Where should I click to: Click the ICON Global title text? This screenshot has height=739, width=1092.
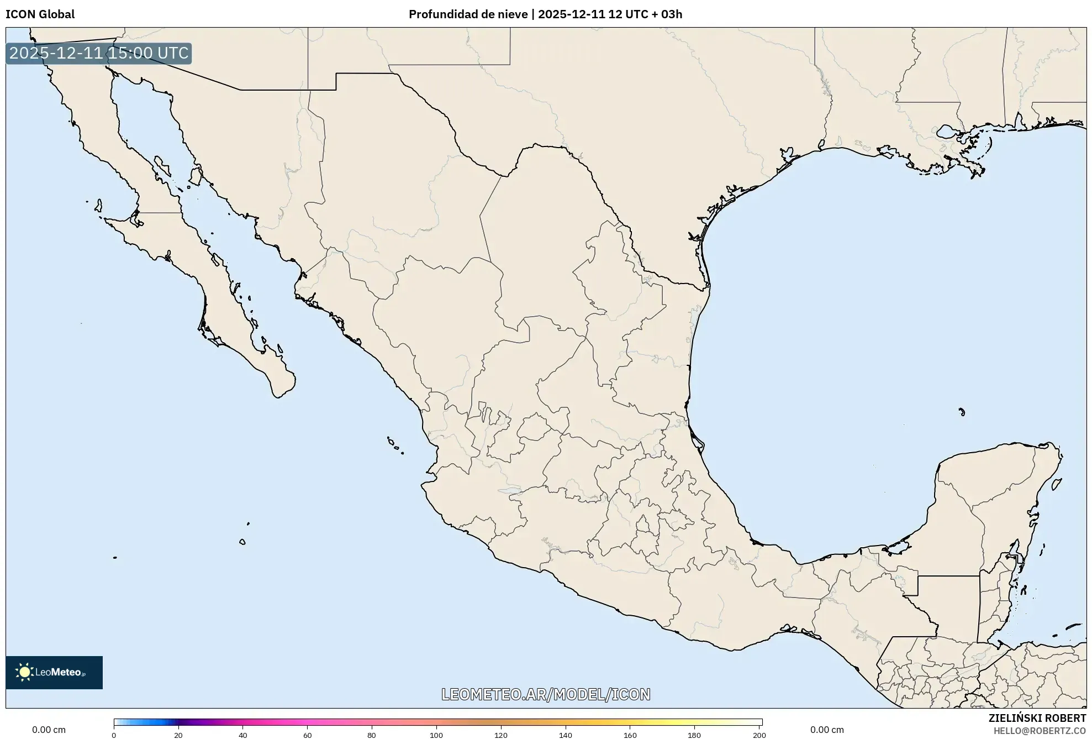[40, 14]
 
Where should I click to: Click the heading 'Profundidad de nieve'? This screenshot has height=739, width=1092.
[468, 14]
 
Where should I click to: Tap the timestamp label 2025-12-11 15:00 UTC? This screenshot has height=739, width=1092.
[99, 53]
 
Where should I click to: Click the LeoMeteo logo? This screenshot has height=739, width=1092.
[54, 672]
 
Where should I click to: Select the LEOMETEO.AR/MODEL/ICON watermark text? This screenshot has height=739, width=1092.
[546, 694]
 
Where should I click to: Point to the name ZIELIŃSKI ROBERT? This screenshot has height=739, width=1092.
[1037, 718]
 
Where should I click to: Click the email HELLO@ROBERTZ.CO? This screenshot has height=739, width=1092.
[1040, 731]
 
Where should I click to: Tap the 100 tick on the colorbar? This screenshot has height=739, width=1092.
[436, 735]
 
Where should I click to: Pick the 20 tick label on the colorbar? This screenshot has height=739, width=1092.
[178, 735]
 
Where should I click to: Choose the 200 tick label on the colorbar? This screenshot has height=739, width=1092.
[759, 735]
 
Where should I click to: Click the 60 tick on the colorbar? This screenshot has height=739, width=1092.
[307, 735]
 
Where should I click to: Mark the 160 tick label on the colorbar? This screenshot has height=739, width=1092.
[630, 735]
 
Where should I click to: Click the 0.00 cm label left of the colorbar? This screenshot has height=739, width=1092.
[49, 730]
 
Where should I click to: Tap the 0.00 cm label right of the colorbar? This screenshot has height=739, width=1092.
[827, 730]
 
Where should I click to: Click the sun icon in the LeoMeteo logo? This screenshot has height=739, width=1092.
[24, 672]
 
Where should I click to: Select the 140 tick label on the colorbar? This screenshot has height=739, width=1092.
[566, 735]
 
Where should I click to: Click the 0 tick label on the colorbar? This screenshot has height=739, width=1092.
[114, 735]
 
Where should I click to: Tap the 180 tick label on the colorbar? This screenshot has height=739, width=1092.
[694, 735]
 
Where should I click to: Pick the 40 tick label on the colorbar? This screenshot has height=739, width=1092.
[242, 735]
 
